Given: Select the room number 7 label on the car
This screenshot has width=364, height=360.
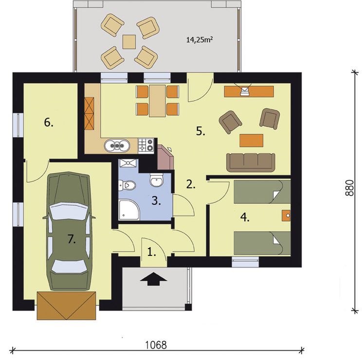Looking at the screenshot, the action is point(72,239).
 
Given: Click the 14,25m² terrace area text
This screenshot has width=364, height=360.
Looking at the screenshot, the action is point(200,40).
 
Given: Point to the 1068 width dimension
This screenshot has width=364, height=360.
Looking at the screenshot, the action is point(156,345).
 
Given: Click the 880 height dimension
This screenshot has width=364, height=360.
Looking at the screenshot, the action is point(349,188).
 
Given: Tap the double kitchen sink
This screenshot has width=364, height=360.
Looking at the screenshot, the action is point(117,145).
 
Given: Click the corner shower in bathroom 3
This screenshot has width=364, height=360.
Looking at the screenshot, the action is point(129,210).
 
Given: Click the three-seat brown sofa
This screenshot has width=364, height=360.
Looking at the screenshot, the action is point(251,162).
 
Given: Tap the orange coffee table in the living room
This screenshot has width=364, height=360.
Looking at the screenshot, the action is point(252,141).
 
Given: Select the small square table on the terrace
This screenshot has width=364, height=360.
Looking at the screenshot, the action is point(129,42).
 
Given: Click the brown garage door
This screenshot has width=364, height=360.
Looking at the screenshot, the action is point(66,306).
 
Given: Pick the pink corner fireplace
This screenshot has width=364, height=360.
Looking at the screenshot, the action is point(165,157).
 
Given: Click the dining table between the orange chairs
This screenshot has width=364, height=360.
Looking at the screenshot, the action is point(157,101).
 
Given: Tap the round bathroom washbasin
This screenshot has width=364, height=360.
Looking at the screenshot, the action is point(157,180).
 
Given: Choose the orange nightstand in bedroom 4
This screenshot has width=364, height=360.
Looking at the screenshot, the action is point(286,216).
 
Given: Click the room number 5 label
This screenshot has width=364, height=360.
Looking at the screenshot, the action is point(200,131).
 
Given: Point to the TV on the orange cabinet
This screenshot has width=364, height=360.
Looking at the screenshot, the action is point(244,90).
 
